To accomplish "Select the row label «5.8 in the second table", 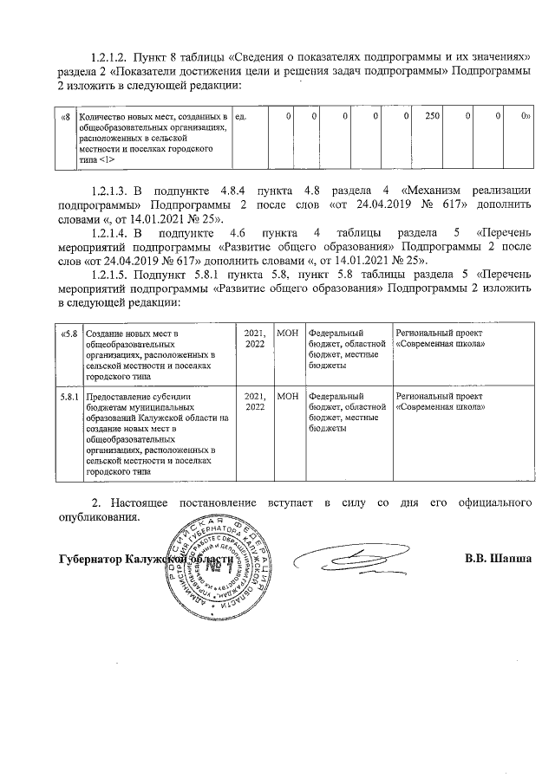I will click(69, 333).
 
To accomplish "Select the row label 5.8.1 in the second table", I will click(69, 397).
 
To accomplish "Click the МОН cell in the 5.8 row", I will click(287, 333).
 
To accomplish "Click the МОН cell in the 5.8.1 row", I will click(287, 397).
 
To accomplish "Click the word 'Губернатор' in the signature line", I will click(89, 559).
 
